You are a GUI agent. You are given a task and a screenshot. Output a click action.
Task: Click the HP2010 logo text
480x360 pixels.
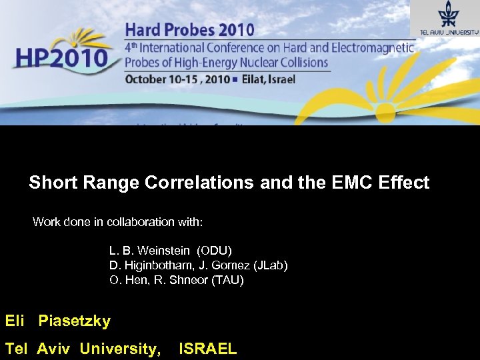point(61,58)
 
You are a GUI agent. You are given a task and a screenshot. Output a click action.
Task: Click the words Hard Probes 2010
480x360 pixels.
point(189,29)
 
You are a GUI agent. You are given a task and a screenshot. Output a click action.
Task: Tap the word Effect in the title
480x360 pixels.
point(403,183)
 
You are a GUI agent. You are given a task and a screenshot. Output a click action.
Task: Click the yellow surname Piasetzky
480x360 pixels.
point(74,321)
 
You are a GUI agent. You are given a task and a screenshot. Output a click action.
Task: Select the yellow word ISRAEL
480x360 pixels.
point(207,348)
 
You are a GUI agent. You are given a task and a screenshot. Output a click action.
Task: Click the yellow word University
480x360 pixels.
point(120,348)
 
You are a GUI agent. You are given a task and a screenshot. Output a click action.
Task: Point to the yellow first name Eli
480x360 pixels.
point(15,321)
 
